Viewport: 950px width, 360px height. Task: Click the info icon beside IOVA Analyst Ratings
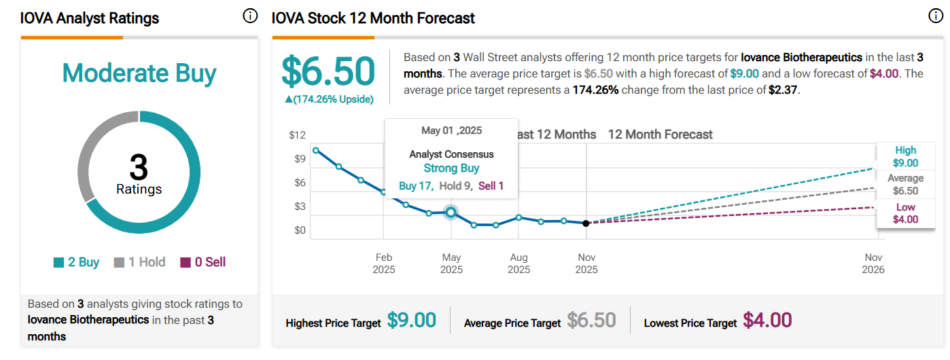tap(250, 16)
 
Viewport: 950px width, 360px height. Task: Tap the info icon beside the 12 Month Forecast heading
tap(936, 16)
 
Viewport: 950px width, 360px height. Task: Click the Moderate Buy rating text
tap(139, 73)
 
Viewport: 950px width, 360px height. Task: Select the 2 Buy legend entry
tap(77, 262)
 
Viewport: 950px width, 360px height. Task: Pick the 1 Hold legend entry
tap(139, 262)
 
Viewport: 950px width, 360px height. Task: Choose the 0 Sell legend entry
tap(203, 262)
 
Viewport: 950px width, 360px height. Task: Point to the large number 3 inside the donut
tap(139, 166)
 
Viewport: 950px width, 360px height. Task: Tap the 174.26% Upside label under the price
tap(329, 99)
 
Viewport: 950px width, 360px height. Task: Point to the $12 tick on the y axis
tap(297, 135)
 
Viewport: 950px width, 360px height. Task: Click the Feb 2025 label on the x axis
tap(384, 264)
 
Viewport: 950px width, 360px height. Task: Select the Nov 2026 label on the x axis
tap(873, 264)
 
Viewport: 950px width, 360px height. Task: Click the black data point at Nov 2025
tap(586, 223)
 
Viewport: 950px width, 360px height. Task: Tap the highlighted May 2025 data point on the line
tap(451, 213)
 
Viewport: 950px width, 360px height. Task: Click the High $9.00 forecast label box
tap(905, 156)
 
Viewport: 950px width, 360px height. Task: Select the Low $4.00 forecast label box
tap(905, 213)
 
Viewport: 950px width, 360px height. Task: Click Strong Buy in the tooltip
tap(451, 168)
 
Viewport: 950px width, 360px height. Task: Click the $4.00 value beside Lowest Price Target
tap(767, 321)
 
